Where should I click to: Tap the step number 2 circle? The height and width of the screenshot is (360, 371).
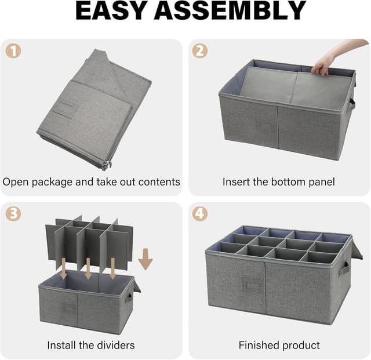[x=200, y=50]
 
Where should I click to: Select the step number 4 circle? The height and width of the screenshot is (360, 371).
[x=200, y=213]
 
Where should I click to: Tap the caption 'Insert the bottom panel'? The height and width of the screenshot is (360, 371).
[x=279, y=182]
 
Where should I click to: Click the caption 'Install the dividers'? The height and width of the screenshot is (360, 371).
[x=90, y=345]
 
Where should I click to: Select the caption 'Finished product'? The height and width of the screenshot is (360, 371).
[x=279, y=345]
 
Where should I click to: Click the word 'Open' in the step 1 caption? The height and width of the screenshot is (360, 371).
[x=15, y=182]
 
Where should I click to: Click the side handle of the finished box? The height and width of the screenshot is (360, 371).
[x=345, y=269]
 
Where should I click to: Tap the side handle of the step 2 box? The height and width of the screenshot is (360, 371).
[x=352, y=104]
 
